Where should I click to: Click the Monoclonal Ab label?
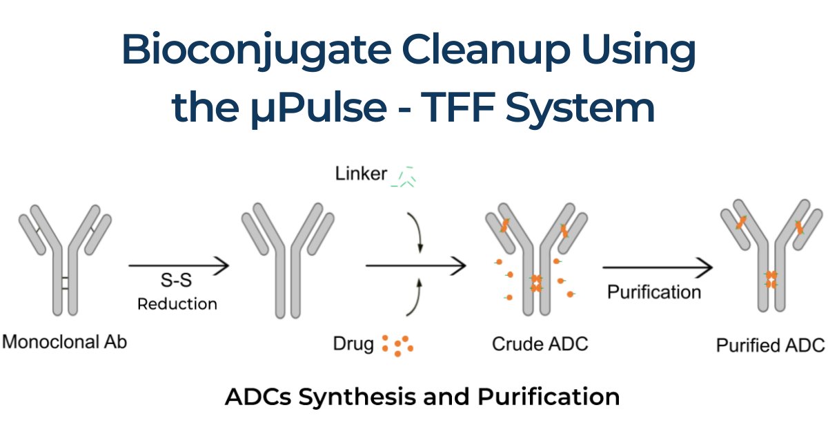click(x=66, y=341)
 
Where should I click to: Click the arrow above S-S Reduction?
click(x=178, y=264)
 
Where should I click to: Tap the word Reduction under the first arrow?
click(x=177, y=303)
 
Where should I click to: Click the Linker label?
click(x=361, y=173)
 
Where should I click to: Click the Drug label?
click(x=353, y=343)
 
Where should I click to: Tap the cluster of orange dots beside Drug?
click(x=398, y=345)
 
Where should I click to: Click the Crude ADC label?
click(x=540, y=343)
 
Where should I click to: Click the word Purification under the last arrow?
click(x=653, y=292)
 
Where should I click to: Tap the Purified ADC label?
click(x=770, y=345)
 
